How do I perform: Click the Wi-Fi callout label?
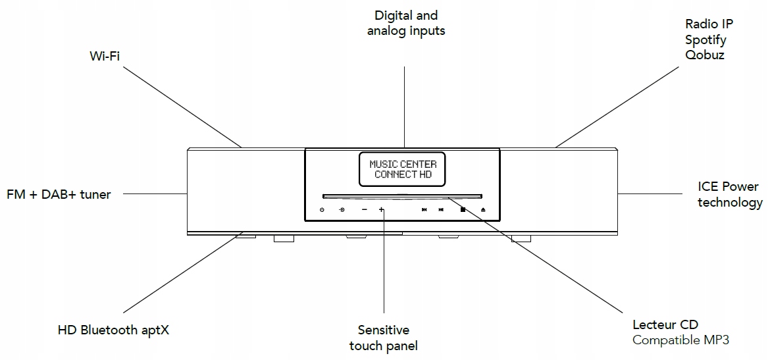tap(105, 55)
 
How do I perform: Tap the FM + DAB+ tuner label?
tap(59, 194)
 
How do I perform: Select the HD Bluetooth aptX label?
tap(113, 330)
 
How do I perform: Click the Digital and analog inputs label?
tap(405, 23)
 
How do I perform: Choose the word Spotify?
tap(705, 39)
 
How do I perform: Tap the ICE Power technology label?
tap(730, 195)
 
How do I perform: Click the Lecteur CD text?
tap(665, 324)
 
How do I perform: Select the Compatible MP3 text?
tap(680, 340)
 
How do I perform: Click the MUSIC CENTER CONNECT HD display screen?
tap(402, 169)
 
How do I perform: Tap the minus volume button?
tap(364, 210)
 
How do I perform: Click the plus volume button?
tap(381, 210)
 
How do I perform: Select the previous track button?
tap(424, 210)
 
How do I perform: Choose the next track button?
tap(442, 210)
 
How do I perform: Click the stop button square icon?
tap(463, 210)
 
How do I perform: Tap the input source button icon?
tap(342, 210)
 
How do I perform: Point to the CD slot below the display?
tap(402, 195)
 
